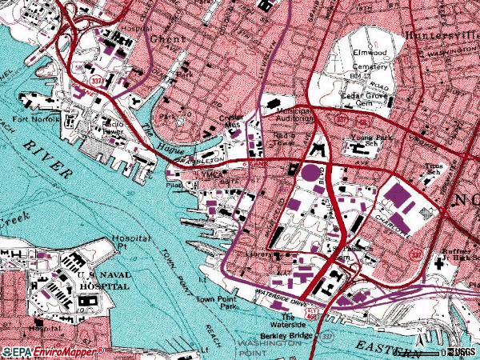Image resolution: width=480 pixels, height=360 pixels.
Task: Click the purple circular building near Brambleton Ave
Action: pyautogui.click(x=309, y=173)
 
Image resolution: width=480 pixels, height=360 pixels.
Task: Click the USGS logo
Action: pyautogui.click(x=462, y=351)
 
